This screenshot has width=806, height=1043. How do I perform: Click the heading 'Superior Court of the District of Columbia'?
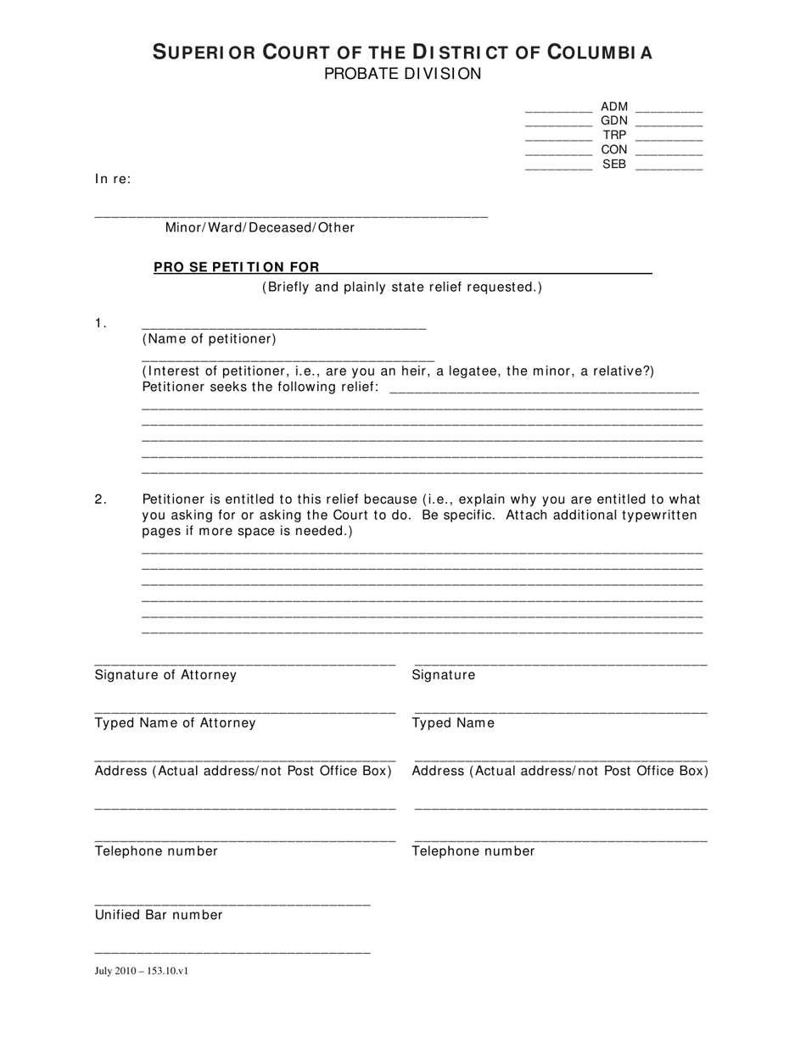click(x=402, y=53)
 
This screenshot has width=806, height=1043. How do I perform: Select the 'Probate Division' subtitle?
click(x=402, y=74)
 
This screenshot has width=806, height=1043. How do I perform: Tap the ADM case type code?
click(x=614, y=107)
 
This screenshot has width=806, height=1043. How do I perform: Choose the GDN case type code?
click(x=614, y=121)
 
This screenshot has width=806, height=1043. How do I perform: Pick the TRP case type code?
click(x=614, y=136)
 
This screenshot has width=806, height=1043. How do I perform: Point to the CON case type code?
click(x=614, y=150)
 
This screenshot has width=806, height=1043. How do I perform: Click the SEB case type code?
click(x=614, y=165)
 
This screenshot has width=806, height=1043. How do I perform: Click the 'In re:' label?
click(x=113, y=179)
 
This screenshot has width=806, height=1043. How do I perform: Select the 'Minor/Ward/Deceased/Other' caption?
click(x=260, y=227)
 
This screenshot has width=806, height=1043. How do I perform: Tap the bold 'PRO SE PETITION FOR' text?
click(x=236, y=267)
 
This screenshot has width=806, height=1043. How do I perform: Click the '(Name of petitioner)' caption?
click(x=209, y=339)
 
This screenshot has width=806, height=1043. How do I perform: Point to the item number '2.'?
click(x=101, y=499)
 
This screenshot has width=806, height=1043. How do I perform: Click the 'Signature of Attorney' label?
click(x=165, y=675)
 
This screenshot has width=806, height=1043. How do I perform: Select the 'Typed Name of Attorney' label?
click(x=175, y=723)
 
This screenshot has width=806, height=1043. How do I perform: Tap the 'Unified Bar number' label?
click(x=159, y=915)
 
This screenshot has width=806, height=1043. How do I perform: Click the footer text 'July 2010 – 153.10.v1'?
click(x=141, y=971)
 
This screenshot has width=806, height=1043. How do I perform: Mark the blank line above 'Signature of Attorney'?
click(x=244, y=663)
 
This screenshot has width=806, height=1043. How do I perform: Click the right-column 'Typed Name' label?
click(x=453, y=723)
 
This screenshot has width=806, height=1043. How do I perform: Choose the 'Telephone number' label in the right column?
click(x=473, y=851)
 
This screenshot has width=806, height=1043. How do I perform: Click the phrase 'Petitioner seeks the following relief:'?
click(x=260, y=388)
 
